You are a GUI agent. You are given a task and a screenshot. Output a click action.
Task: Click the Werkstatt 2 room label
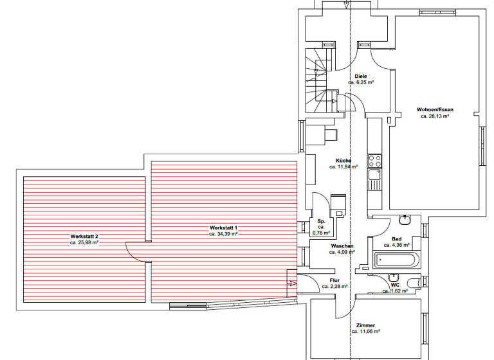click(x=84, y=237)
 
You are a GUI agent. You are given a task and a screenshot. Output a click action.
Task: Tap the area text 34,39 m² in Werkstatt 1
click(x=223, y=234)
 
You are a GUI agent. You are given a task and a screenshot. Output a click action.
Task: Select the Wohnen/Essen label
click(x=434, y=109)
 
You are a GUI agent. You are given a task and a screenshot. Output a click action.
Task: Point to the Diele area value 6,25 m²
click(x=361, y=83)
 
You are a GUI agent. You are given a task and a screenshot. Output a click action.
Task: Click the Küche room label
click(x=343, y=160)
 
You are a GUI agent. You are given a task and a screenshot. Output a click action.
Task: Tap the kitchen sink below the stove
click(x=374, y=174)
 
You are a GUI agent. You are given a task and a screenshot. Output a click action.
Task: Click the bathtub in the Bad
click(x=396, y=260)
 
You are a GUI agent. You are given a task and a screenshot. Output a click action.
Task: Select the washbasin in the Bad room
click(x=405, y=220)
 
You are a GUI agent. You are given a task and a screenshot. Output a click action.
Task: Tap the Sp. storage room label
click(x=321, y=221)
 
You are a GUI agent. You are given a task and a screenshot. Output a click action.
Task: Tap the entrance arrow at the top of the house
click(x=347, y=4)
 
